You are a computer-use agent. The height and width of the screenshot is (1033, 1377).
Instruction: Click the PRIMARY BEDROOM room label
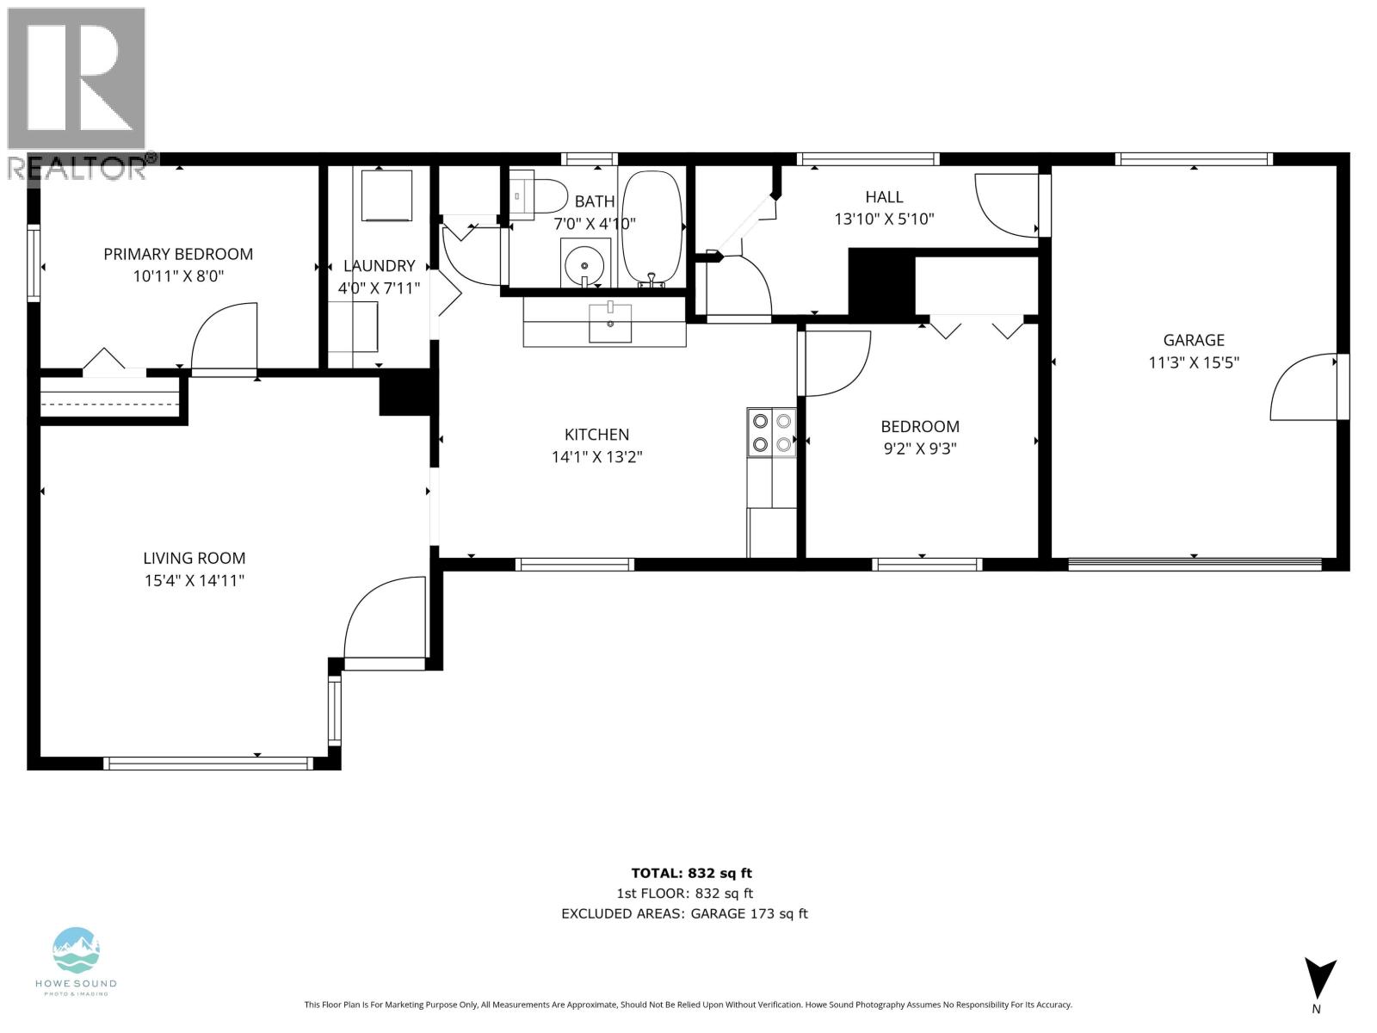coord(178,254)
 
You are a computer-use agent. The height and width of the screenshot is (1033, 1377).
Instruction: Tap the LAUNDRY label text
coord(379,266)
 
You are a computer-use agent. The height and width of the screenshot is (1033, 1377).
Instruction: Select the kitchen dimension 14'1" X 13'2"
coord(596,457)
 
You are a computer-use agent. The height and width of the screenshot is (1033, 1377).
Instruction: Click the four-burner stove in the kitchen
coord(771,432)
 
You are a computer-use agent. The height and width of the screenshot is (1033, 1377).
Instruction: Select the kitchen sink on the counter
coord(609,323)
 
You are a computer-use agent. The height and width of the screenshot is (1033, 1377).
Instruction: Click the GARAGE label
coord(1193,340)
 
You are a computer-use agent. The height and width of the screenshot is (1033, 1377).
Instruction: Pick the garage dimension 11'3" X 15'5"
coord(1193,362)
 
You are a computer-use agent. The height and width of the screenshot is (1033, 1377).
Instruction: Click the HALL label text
coord(884,197)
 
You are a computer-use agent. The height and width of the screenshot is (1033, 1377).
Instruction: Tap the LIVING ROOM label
coord(195,558)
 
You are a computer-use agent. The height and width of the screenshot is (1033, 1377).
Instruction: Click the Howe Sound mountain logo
coord(77,949)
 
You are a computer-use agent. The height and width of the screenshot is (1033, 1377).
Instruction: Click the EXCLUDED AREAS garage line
coord(684,914)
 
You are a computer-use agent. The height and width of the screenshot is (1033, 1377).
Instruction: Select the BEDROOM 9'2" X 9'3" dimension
coord(919,448)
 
